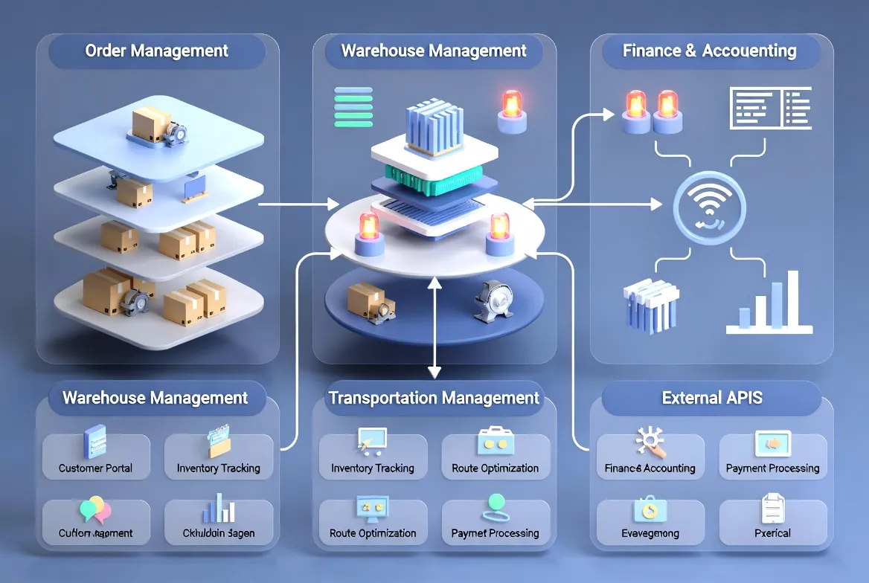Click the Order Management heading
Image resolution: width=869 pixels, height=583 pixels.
(x=156, y=51)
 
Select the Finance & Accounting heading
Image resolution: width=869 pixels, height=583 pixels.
(x=709, y=51)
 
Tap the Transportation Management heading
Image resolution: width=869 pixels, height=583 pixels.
(x=434, y=398)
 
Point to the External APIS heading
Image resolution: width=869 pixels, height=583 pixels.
(x=712, y=398)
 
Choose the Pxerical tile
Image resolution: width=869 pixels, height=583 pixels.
(x=772, y=520)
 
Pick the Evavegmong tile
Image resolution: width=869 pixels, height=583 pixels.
(x=650, y=520)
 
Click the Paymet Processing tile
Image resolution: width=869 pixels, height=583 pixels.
(x=495, y=520)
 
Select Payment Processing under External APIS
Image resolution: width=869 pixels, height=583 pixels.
(x=772, y=456)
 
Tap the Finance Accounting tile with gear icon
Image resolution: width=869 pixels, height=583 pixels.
(x=650, y=456)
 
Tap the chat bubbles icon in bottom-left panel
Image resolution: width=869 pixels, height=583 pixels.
(x=94, y=509)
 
